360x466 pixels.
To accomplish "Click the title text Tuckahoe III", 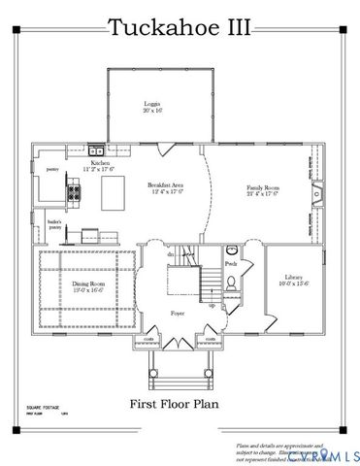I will click(x=179, y=27).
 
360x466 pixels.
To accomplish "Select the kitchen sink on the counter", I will click(x=97, y=150).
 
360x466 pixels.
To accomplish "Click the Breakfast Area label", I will click(x=167, y=187).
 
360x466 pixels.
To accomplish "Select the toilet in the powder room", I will click(x=232, y=283).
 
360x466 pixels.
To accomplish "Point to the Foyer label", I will click(x=177, y=314).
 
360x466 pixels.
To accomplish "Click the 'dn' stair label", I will click(x=170, y=254).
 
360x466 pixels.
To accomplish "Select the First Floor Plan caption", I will click(x=178, y=400).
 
